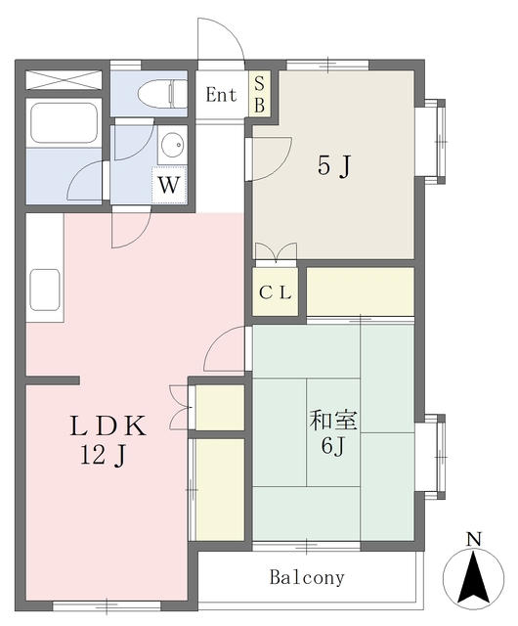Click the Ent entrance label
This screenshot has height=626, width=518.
(221, 95)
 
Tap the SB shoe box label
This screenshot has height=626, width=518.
(259, 94)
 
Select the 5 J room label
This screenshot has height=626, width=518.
(334, 165)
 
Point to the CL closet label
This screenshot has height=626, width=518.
(275, 293)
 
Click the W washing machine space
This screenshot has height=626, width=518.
(169, 185)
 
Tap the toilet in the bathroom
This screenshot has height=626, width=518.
(162, 94)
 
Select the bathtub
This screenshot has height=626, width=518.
(64, 123)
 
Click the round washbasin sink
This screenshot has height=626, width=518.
(172, 143)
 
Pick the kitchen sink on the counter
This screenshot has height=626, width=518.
(45, 290)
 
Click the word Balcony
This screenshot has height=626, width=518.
(307, 577)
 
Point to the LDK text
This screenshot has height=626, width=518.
(108, 426)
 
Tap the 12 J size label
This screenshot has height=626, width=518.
(104, 455)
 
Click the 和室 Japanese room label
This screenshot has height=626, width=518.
(333, 421)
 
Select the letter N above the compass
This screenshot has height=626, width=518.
(474, 539)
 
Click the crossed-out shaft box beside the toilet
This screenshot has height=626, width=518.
(64, 80)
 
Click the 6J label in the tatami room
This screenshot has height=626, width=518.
(333, 445)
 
